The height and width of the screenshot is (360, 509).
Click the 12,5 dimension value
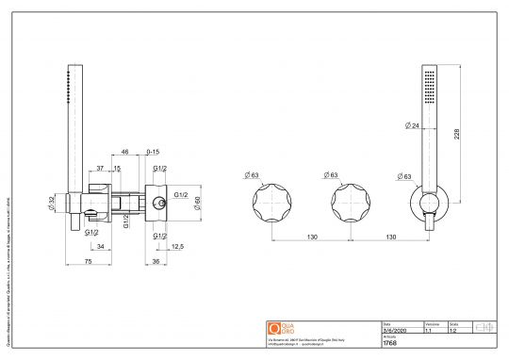pyautogui.click(x=176, y=247)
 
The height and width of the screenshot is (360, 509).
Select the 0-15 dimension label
pyautogui.click(x=152, y=152)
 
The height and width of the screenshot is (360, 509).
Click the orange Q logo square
pyautogui.click(x=275, y=328)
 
